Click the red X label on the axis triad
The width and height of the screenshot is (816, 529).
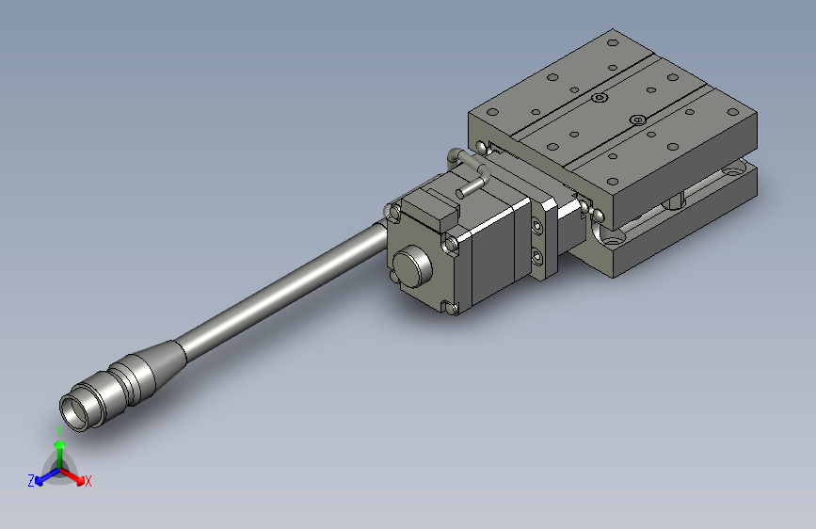tap(88, 481)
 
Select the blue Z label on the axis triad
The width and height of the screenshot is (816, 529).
tap(31, 480)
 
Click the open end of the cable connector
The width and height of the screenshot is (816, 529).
tap(74, 410)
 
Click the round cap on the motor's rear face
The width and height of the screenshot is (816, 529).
tap(411, 267)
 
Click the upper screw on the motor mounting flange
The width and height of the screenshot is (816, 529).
tap(536, 226)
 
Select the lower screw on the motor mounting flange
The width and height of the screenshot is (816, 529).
tap(536, 256)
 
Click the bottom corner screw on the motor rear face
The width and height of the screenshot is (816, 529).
tap(449, 305)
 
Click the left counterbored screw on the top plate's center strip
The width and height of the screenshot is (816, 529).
tap(600, 97)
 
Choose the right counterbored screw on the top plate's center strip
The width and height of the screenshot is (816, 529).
tap(638, 120)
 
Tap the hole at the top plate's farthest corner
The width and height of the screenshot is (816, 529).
tap(613, 42)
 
